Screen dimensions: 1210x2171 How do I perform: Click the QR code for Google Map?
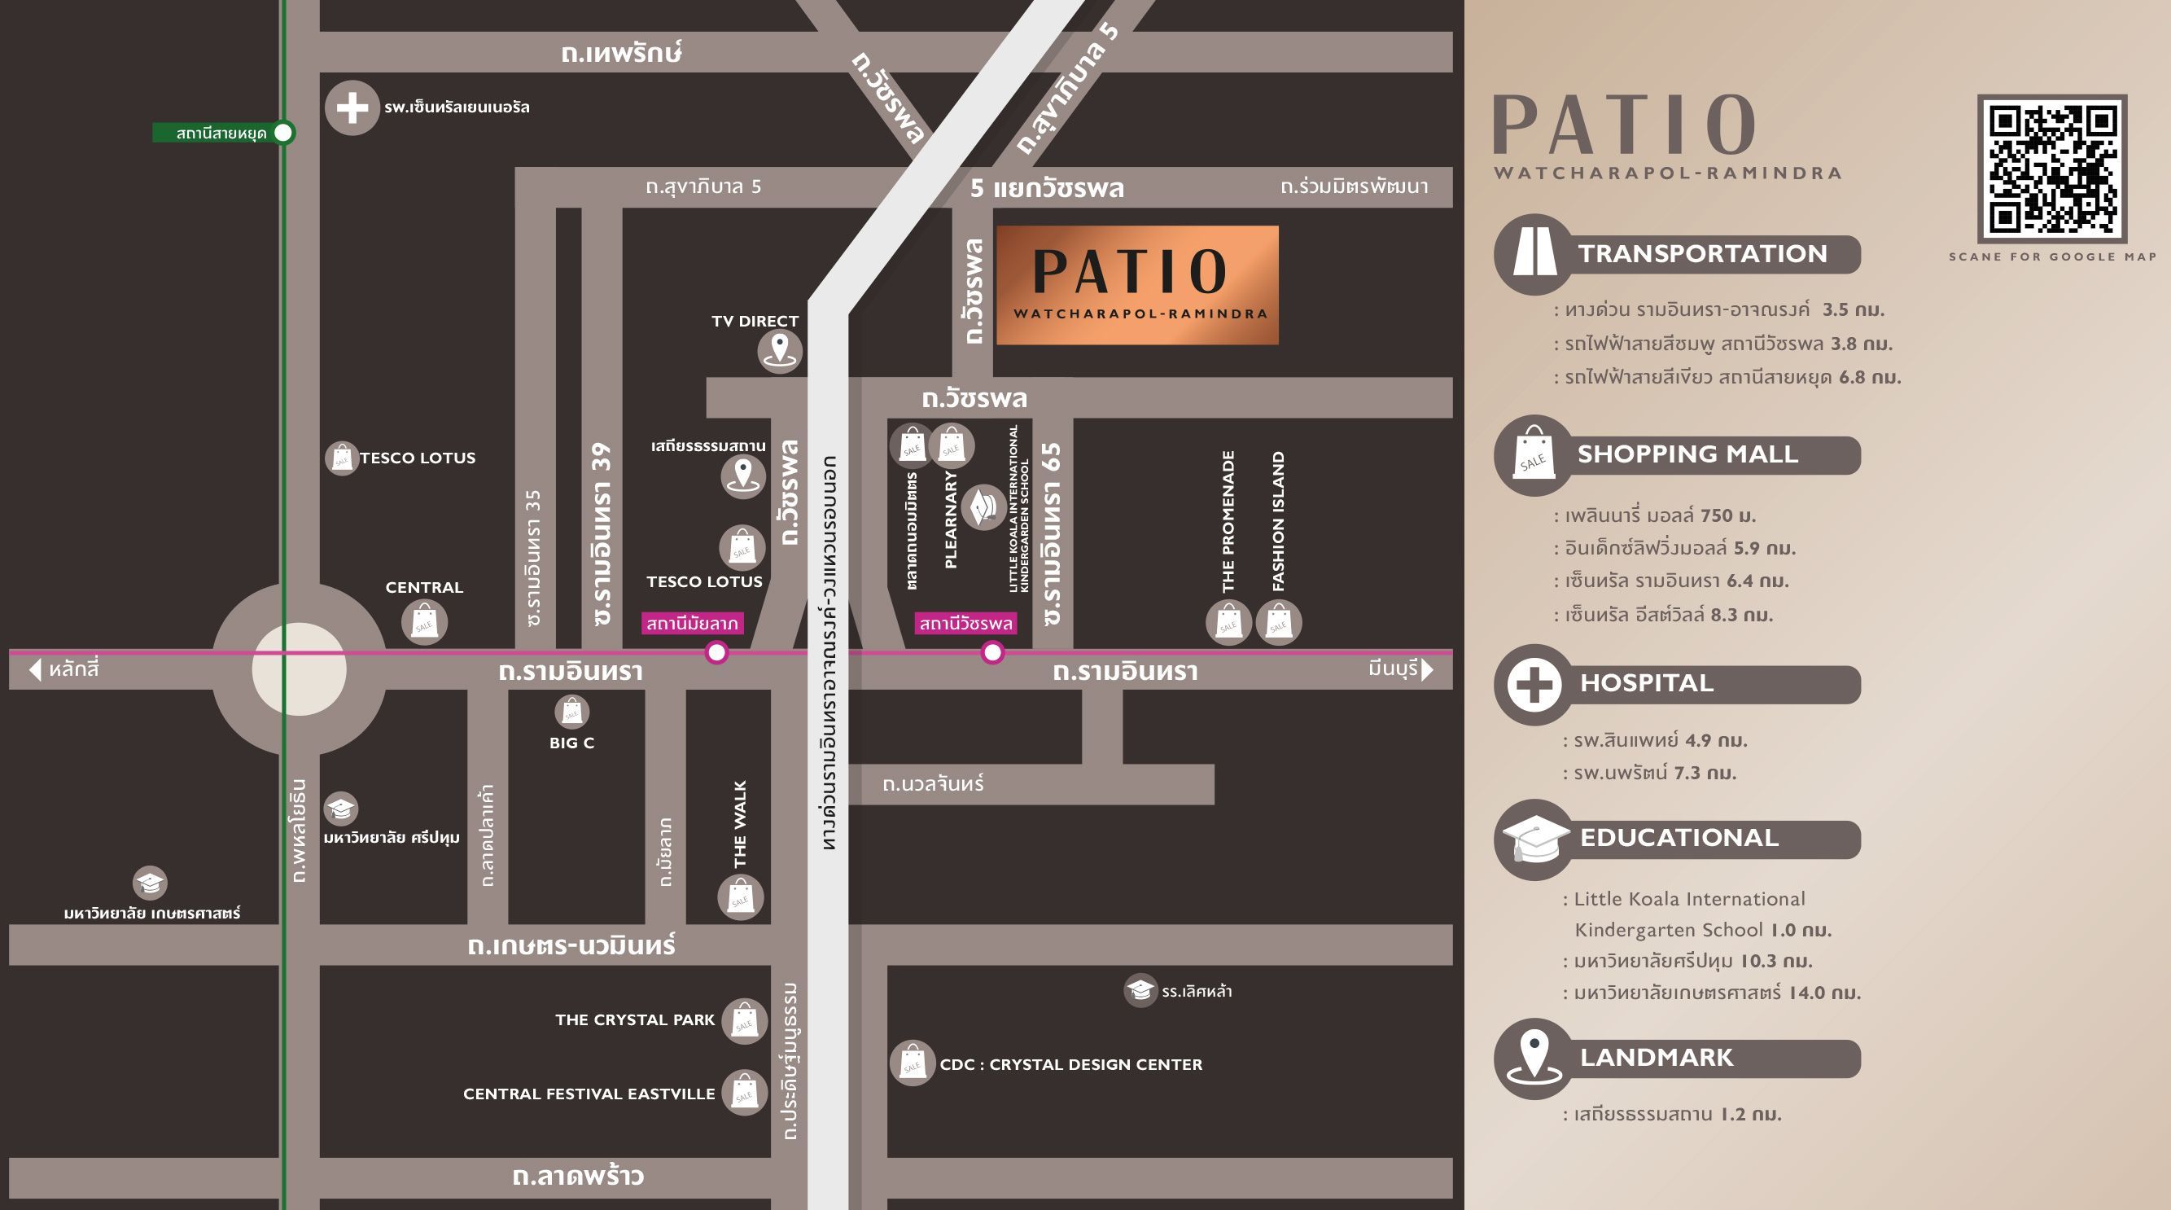click(x=2052, y=169)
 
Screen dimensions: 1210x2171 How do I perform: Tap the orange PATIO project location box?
click(x=1137, y=285)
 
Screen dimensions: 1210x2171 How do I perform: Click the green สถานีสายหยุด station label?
click(x=220, y=134)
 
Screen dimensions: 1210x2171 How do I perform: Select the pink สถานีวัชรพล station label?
click(x=965, y=623)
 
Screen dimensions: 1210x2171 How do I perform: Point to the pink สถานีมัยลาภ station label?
click(x=692, y=623)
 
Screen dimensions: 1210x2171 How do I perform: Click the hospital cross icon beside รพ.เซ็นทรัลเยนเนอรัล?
click(x=352, y=107)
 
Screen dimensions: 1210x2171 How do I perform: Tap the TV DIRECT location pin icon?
click(x=779, y=350)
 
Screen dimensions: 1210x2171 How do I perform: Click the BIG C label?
click(x=571, y=743)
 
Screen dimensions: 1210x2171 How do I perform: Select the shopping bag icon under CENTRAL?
click(x=424, y=623)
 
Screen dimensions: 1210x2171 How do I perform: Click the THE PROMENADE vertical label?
click(x=1228, y=521)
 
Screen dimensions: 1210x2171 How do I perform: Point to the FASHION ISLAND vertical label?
click(x=1279, y=521)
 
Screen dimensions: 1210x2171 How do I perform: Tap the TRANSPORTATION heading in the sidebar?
click(x=1702, y=254)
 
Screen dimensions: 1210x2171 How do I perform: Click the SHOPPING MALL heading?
click(x=1687, y=454)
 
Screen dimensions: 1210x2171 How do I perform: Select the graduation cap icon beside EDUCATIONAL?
click(x=1534, y=839)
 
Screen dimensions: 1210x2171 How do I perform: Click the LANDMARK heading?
click(x=1656, y=1058)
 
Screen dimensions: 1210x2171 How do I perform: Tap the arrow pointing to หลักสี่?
click(x=34, y=669)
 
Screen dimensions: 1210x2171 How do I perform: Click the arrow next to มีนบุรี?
click(x=1427, y=669)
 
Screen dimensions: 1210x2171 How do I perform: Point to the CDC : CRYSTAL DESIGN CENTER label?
click(x=1070, y=1064)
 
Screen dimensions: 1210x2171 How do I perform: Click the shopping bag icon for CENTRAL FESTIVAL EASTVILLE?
click(x=744, y=1094)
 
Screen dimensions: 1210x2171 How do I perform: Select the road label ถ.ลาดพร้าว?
click(x=578, y=1177)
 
